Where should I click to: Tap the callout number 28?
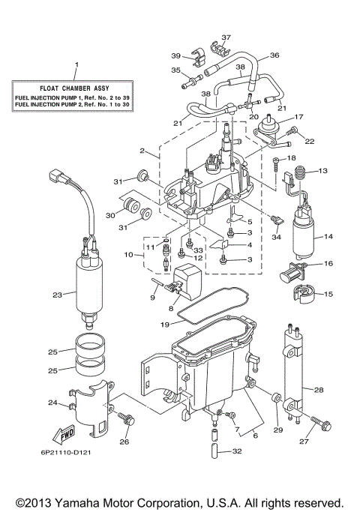(318, 390)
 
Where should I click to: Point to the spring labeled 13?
(298, 176)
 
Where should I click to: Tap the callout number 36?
(274, 55)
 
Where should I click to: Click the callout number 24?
(52, 403)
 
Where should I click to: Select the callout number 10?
(128, 256)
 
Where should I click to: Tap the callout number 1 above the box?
(75, 64)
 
